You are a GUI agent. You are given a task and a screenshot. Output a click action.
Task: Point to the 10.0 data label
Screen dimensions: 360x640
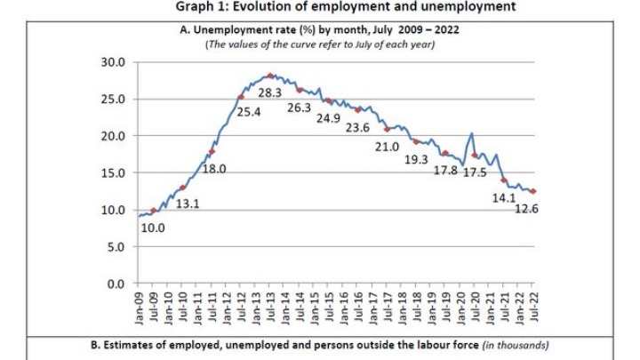tap(152, 228)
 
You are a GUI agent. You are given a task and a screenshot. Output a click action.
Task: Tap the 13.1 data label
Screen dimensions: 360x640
tap(187, 204)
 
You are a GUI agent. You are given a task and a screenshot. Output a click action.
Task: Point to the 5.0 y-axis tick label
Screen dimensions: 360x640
tap(116, 247)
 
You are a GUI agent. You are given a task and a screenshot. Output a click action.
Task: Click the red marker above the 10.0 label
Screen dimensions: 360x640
tap(154, 211)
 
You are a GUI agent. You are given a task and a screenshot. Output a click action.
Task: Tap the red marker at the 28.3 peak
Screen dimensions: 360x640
tap(270, 76)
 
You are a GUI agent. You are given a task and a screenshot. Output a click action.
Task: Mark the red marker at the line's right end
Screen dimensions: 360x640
tap(533, 191)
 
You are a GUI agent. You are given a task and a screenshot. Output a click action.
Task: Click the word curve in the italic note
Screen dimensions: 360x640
tap(283, 44)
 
